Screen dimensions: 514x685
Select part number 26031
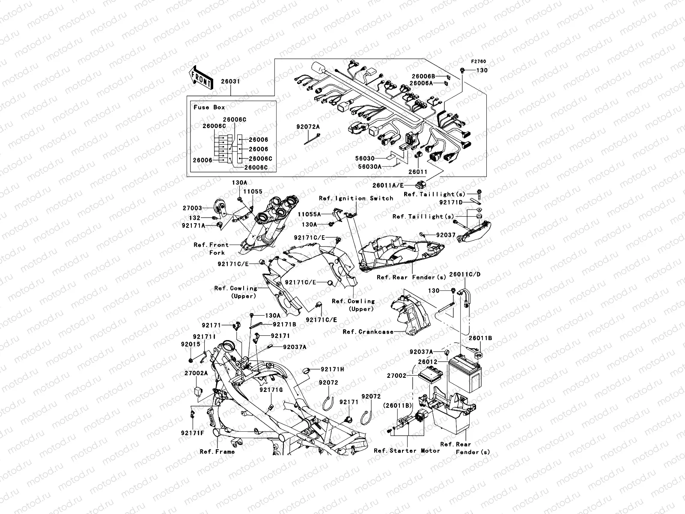point(230,81)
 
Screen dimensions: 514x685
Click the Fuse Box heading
point(209,107)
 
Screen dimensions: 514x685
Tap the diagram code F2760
point(479,62)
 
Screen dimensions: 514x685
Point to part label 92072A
point(308,127)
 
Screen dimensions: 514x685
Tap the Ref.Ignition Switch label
point(356,198)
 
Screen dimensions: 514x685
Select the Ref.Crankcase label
point(368,332)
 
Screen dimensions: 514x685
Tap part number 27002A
point(196,373)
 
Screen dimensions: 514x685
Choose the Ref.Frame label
point(217,451)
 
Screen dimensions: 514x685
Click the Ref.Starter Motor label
point(407,451)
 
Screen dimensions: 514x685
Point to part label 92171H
point(333,369)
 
